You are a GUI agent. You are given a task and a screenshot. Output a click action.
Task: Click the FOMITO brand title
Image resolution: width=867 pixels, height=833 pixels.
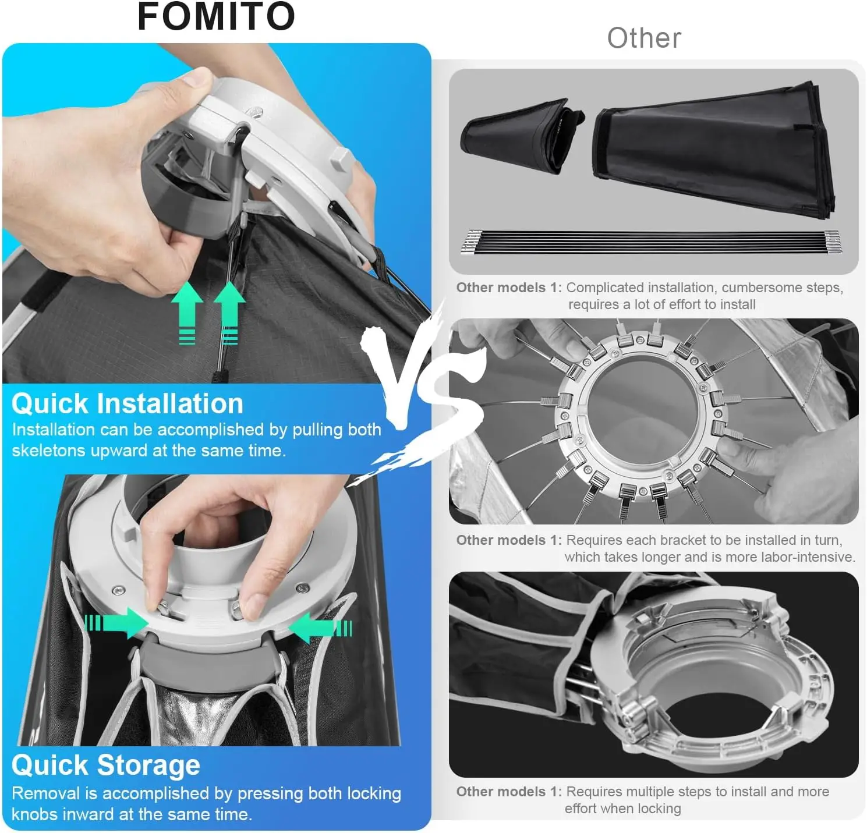click(216, 16)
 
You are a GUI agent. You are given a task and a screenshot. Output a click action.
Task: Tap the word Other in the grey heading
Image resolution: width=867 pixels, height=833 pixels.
click(644, 38)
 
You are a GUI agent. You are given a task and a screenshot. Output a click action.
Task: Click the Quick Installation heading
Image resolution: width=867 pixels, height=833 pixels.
click(128, 403)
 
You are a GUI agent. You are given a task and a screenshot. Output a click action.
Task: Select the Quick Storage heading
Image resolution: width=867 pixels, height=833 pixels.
click(106, 765)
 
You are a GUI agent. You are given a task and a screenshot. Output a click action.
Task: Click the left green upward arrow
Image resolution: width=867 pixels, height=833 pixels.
click(187, 313)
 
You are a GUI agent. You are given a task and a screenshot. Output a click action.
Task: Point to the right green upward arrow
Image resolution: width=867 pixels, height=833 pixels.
click(229, 313)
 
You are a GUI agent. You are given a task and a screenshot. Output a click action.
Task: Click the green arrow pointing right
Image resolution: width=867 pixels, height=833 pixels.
click(116, 622)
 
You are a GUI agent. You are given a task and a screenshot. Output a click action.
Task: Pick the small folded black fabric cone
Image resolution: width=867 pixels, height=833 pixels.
click(521, 136)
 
